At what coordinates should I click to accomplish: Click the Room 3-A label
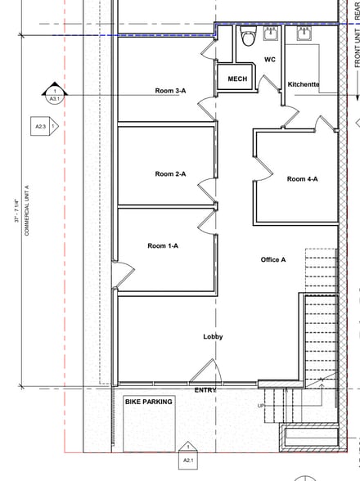[x=170, y=114]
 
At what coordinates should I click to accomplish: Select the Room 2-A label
[x=170, y=173]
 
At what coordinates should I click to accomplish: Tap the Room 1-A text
[x=163, y=245]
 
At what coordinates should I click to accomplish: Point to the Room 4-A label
[x=302, y=179]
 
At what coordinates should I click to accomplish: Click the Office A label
[x=273, y=259]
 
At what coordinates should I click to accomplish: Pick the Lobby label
[x=213, y=336]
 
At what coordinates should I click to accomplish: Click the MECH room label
[x=237, y=79]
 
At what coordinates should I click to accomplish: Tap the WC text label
[x=270, y=59]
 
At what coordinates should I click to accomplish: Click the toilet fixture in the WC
[x=248, y=37]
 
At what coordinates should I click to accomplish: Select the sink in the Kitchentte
[x=304, y=34]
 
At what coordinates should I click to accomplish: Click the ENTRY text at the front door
[x=205, y=390]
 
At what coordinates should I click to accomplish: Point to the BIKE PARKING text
[x=148, y=402]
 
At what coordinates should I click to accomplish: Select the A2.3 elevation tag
[x=43, y=127]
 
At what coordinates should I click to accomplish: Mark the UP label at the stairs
[x=261, y=406]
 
